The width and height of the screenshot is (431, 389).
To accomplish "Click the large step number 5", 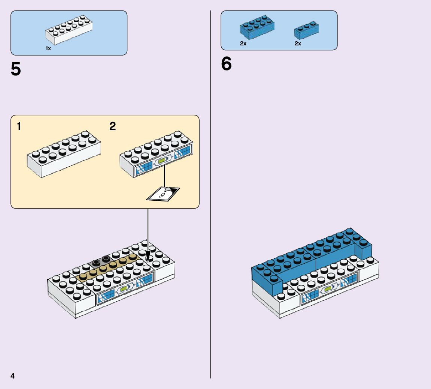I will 16,70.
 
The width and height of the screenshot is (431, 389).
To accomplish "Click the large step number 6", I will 226,64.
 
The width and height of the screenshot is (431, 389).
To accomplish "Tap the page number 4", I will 13,376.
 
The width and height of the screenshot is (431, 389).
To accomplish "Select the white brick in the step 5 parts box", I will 69,30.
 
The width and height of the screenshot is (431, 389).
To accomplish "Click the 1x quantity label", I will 48,48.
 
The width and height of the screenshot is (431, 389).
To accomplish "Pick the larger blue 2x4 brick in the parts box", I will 257,28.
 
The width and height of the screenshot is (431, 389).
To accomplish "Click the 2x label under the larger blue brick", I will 243,44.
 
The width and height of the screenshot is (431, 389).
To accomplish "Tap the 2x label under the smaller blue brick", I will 298,44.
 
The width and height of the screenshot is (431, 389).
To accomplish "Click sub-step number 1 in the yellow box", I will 19,127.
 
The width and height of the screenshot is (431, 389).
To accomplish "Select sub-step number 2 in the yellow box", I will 113,127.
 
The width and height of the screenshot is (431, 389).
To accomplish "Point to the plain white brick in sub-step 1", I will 64,154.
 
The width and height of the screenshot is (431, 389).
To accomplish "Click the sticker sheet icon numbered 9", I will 164,194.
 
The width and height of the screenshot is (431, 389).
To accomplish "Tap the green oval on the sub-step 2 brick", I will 162,161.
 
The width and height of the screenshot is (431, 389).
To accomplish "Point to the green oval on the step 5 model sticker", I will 123,290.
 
